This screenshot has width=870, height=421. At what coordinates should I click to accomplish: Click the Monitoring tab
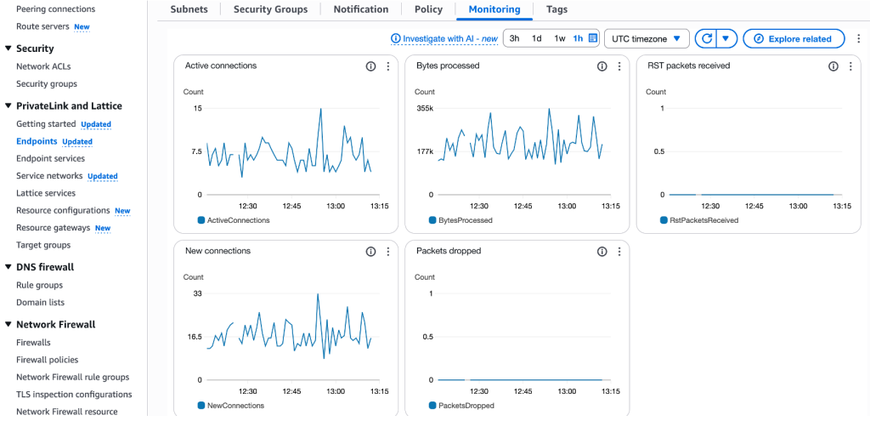[494, 9]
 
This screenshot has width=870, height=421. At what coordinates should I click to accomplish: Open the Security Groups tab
[269, 9]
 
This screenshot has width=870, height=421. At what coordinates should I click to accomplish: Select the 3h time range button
[514, 38]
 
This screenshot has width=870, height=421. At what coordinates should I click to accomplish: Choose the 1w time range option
[559, 38]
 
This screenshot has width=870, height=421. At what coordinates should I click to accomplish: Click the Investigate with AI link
[443, 38]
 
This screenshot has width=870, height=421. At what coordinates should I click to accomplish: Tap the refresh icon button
[705, 38]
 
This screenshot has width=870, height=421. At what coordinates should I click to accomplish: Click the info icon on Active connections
[370, 66]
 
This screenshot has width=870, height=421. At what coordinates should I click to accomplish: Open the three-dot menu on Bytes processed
[619, 66]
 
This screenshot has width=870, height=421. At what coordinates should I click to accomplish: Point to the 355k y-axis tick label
[424, 108]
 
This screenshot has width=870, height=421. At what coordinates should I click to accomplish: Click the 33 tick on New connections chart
[197, 293]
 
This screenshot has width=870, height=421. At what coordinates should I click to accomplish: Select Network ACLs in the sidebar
[44, 66]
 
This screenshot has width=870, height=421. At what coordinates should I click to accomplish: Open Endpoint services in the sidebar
[50, 158]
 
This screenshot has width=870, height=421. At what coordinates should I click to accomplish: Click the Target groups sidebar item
[43, 245]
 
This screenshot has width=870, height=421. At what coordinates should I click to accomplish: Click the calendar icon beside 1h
[593, 38]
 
